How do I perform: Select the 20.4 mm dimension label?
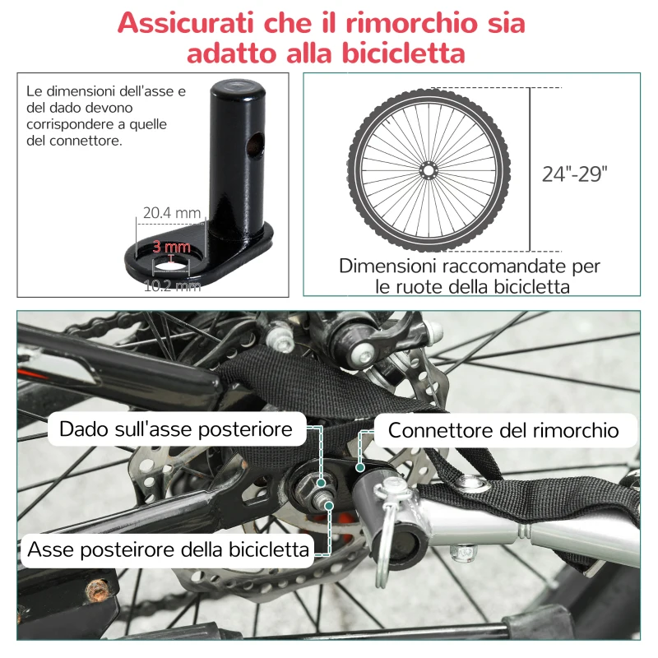click(x=172, y=213)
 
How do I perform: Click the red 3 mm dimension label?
click(x=171, y=246)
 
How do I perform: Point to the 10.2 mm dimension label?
click(x=172, y=286)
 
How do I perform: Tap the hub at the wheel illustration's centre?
click(x=428, y=169)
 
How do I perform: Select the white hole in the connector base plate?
click(x=171, y=264)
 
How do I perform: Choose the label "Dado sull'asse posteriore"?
click(x=176, y=429)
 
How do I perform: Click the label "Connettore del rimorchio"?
click(x=503, y=430)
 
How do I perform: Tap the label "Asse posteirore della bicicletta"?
click(x=169, y=549)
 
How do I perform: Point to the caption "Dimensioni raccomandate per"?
click(x=470, y=266)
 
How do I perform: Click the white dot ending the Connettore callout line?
click(x=359, y=466)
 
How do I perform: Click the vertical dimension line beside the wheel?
click(x=529, y=169)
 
